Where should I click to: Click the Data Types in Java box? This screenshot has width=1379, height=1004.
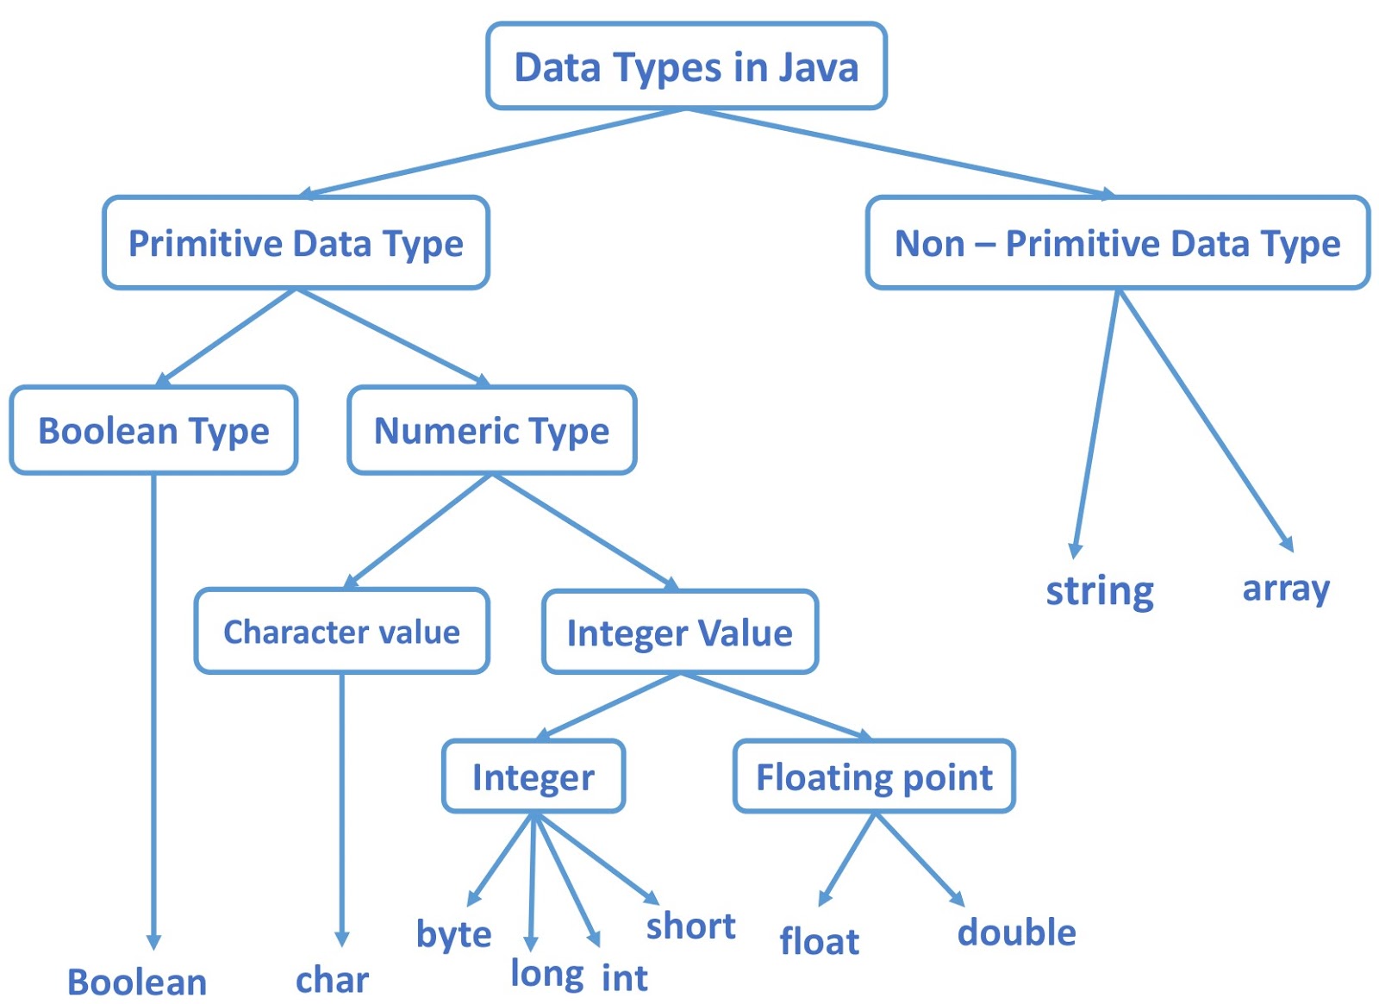click(x=686, y=66)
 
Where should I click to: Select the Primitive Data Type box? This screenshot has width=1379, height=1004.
click(x=296, y=243)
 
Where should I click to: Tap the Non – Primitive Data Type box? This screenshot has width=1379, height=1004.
click(x=1117, y=243)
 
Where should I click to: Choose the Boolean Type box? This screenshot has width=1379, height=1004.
click(x=153, y=430)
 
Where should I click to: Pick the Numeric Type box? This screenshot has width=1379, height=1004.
click(x=491, y=430)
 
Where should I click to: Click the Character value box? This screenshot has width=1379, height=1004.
click(x=341, y=632)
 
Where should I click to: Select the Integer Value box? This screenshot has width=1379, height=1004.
click(x=679, y=633)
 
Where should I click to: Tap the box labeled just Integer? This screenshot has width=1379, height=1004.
click(x=533, y=776)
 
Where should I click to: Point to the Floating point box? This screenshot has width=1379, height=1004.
click(x=874, y=776)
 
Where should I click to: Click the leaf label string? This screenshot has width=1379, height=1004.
click(x=1099, y=591)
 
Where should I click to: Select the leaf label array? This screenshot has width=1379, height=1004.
click(x=1285, y=589)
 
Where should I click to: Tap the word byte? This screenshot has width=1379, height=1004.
click(x=453, y=934)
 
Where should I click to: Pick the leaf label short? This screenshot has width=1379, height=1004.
click(x=690, y=926)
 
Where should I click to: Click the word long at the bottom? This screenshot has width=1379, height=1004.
click(x=546, y=974)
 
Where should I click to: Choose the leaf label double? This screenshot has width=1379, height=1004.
click(x=1016, y=932)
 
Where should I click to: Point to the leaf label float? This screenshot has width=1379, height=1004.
click(x=819, y=941)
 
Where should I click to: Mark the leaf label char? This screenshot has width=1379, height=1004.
click(x=332, y=980)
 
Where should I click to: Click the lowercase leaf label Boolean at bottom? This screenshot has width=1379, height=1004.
click(x=137, y=982)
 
